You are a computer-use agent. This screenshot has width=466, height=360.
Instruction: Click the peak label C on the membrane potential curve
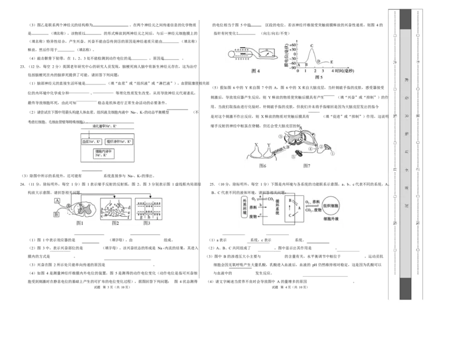click(x=312, y=45)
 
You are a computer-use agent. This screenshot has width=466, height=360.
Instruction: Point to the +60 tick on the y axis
click(x=294, y=44)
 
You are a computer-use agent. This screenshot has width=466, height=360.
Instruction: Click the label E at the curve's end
click(x=331, y=62)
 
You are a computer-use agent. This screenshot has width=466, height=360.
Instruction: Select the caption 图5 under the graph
click(x=319, y=77)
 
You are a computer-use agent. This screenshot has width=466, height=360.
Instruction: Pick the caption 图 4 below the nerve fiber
click(x=255, y=71)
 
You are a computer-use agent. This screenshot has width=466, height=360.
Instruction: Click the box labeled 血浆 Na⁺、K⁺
click(x=92, y=142)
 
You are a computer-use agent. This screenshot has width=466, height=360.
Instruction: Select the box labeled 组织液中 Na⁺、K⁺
click(x=120, y=142)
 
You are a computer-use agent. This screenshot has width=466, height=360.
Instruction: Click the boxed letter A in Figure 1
click(x=57, y=200)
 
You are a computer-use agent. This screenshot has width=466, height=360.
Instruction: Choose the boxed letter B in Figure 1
click(x=57, y=214)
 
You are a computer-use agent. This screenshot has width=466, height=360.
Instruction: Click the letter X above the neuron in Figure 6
click(x=256, y=145)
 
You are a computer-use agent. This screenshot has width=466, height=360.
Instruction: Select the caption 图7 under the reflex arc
click(x=307, y=166)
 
